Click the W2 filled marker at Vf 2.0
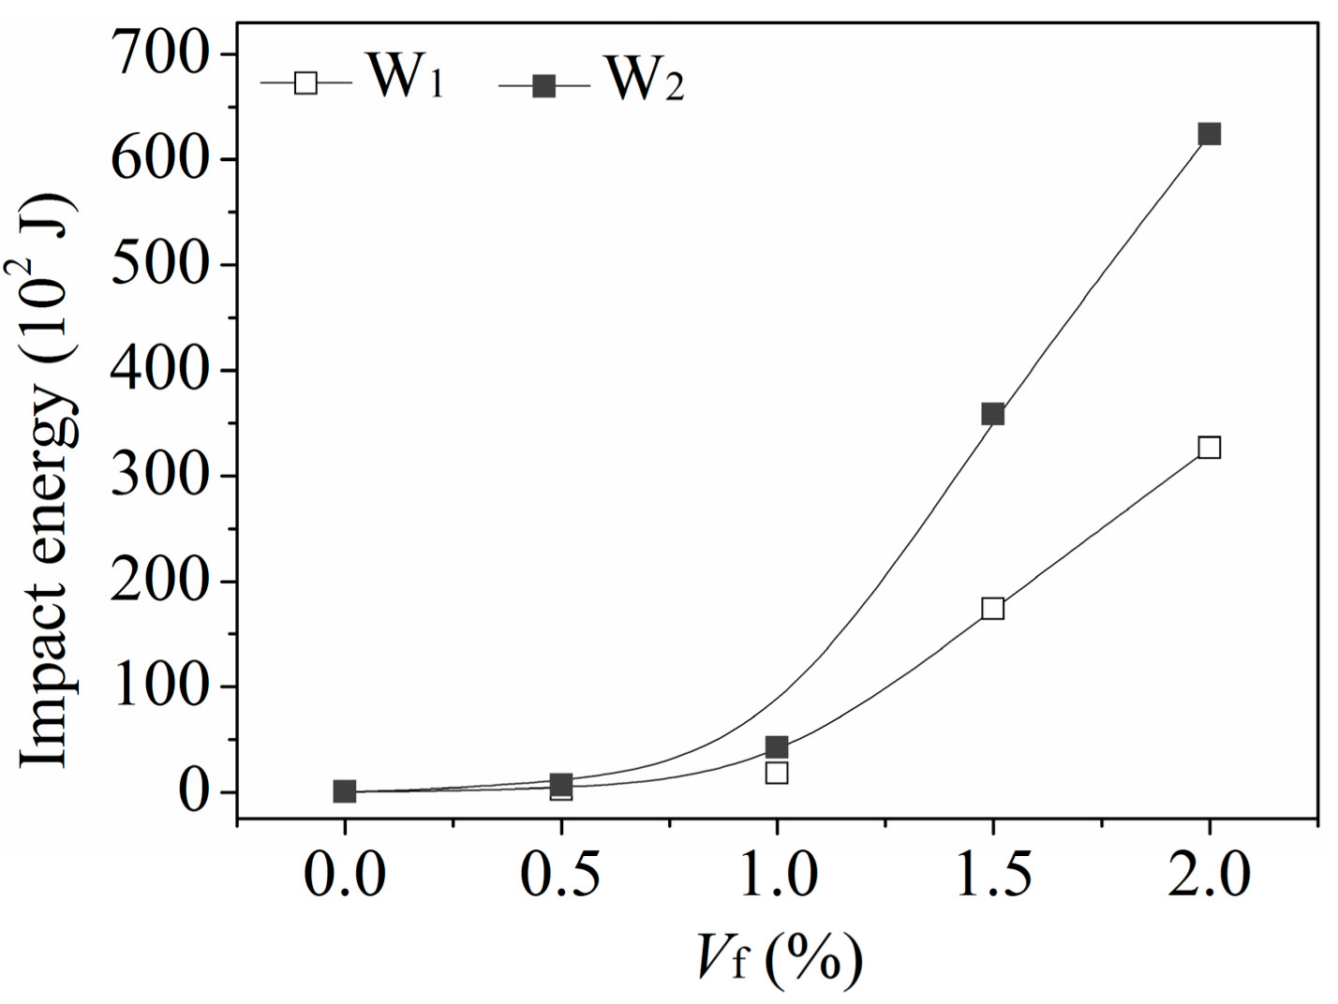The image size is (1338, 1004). pyautogui.click(x=1209, y=134)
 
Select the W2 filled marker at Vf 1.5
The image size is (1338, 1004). pyautogui.click(x=992, y=414)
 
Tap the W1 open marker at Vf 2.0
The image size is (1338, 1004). pyautogui.click(x=1209, y=448)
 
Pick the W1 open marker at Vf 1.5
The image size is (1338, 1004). pyautogui.click(x=992, y=609)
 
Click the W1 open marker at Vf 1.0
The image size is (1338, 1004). pyautogui.click(x=776, y=773)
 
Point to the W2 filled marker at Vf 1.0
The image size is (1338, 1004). pyautogui.click(x=776, y=746)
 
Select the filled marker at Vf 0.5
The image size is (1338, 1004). pyautogui.click(x=560, y=784)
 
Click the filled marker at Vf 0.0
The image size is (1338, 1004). pyautogui.click(x=344, y=791)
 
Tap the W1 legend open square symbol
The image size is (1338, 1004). pyautogui.click(x=305, y=83)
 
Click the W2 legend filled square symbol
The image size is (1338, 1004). pyautogui.click(x=543, y=87)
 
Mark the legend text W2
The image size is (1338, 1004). pyautogui.click(x=645, y=79)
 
